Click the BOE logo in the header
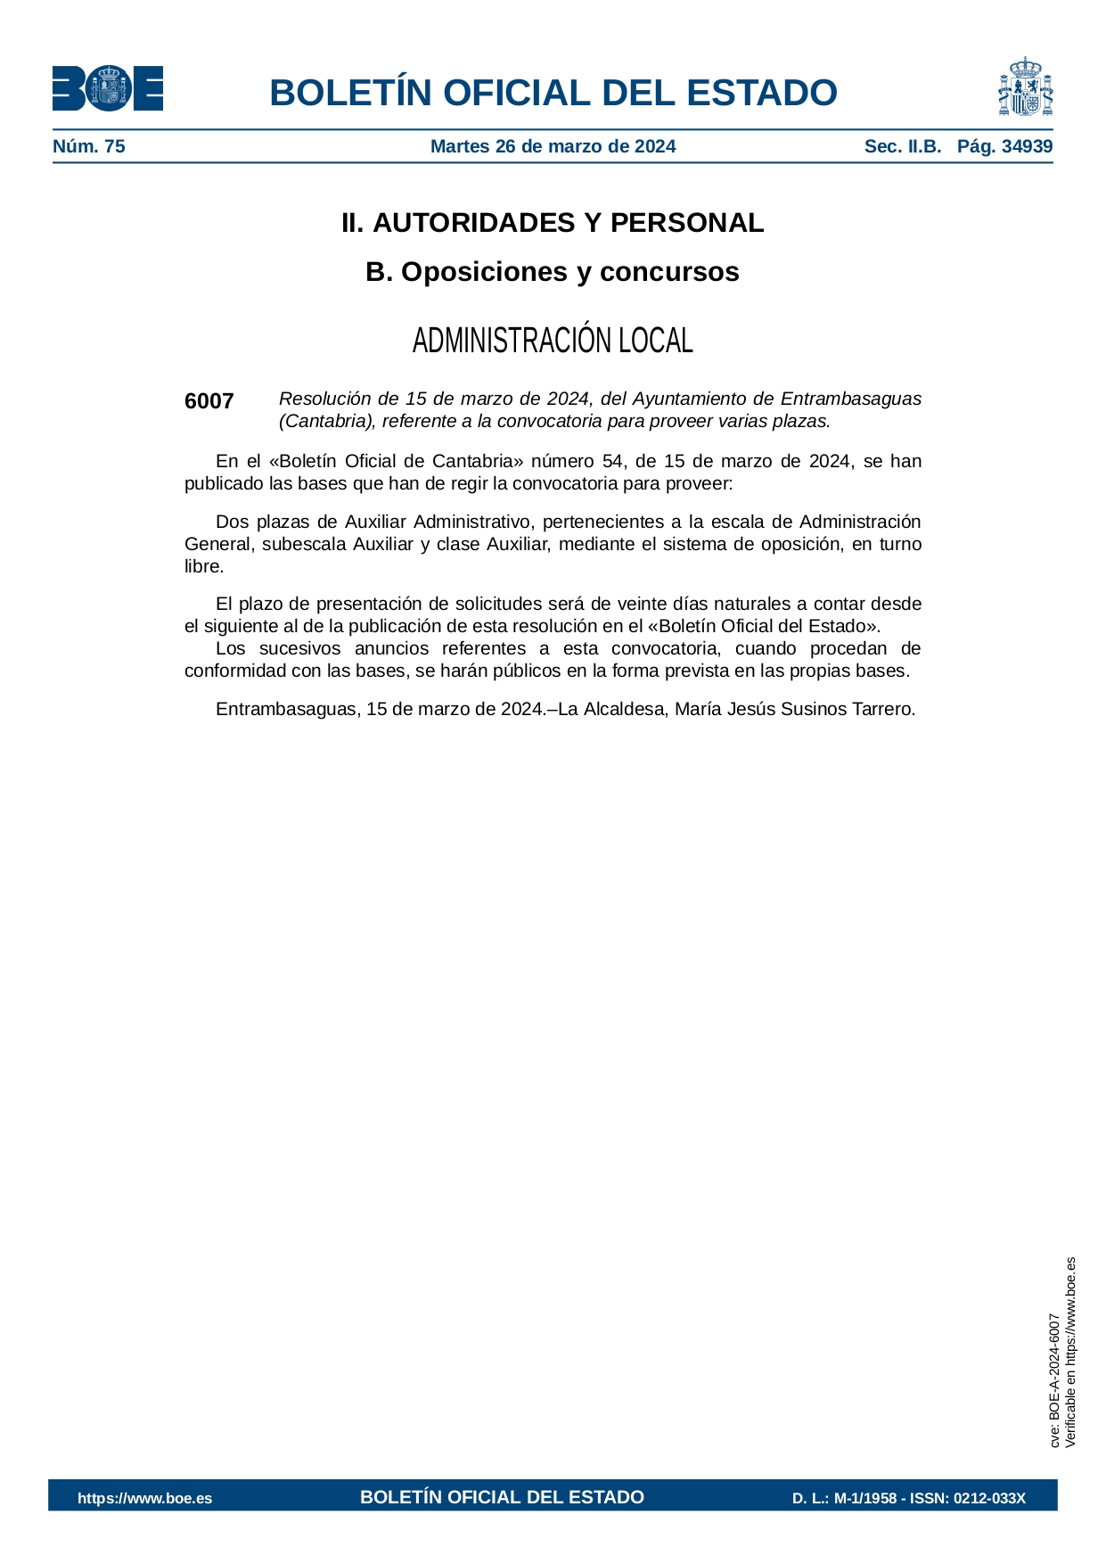[107, 89]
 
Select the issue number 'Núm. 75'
[89, 146]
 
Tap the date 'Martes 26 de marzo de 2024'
[553, 146]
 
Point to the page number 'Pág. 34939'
[1004, 146]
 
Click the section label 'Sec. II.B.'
[902, 146]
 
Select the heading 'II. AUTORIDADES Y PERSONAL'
[553, 223]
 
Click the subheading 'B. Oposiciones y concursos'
[553, 272]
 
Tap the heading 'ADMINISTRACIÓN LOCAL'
[553, 341]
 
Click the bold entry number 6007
[209, 401]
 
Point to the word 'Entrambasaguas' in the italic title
[850, 399]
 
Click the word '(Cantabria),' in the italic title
[327, 421]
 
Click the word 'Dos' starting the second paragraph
[231, 522]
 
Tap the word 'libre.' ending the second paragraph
[204, 566]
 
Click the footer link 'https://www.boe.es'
[145, 1498]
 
